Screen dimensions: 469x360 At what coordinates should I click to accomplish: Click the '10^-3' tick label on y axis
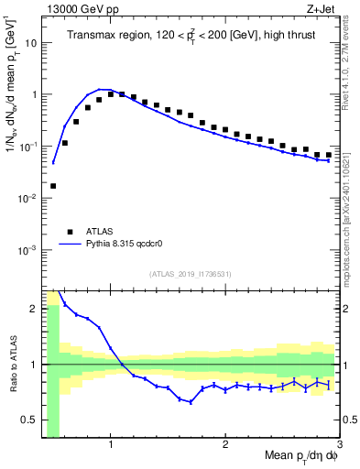tap(27, 250)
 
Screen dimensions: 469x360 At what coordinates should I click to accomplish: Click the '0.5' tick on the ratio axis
tap(28, 420)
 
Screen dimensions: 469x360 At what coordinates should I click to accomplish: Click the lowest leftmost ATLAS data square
tap(53, 186)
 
